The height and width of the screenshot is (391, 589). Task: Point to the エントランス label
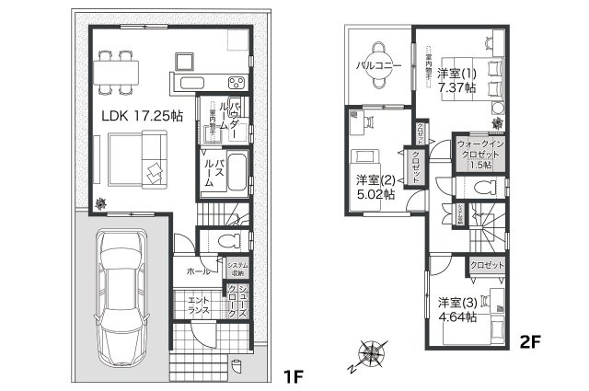point(198,305)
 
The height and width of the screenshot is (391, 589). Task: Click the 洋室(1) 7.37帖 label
point(456,80)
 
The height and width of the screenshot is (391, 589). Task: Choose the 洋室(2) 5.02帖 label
point(375,186)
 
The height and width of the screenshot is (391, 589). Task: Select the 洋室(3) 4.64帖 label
point(456,309)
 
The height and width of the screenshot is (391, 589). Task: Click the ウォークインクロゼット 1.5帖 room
point(479,155)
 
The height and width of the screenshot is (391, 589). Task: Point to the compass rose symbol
point(372,354)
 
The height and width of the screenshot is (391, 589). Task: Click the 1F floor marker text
point(293,377)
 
